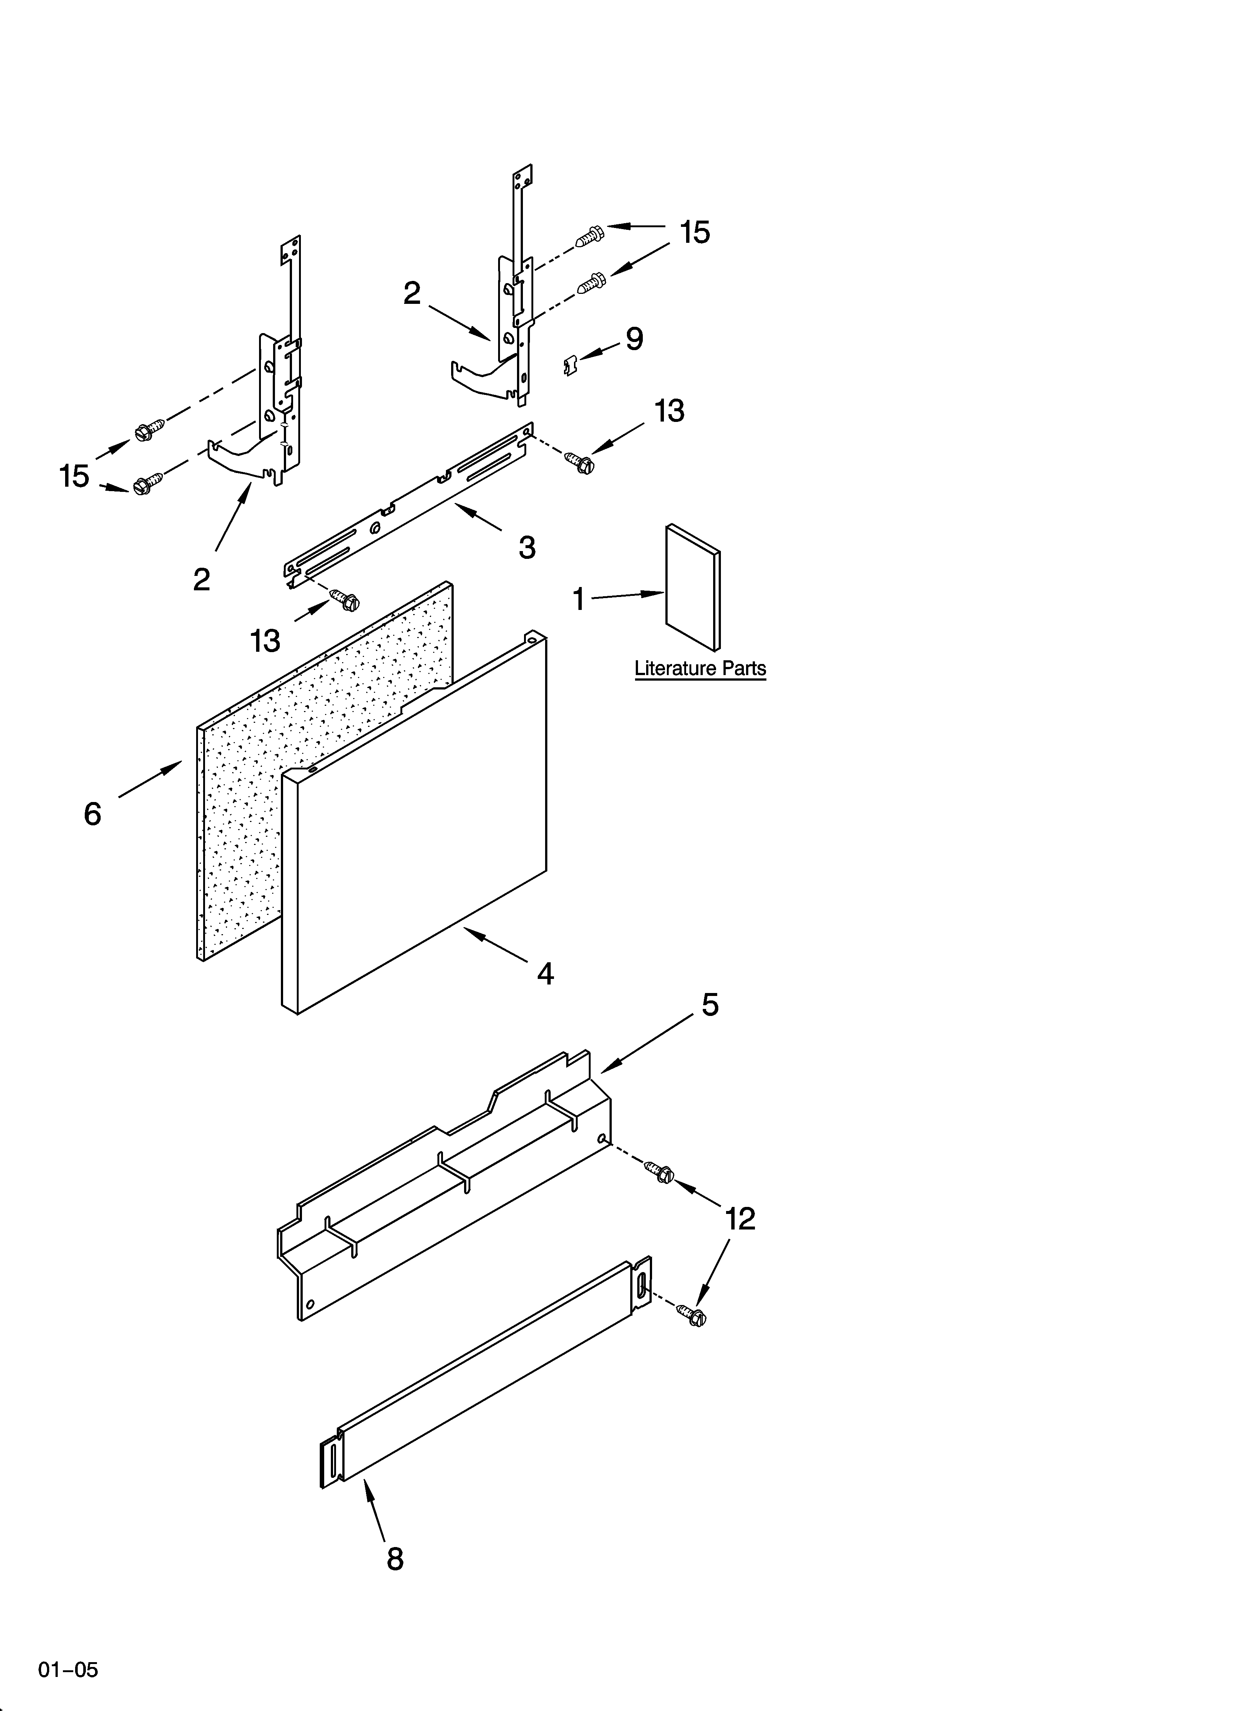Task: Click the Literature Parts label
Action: (700, 668)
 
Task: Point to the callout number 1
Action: (579, 600)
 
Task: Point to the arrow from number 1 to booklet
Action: (626, 596)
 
